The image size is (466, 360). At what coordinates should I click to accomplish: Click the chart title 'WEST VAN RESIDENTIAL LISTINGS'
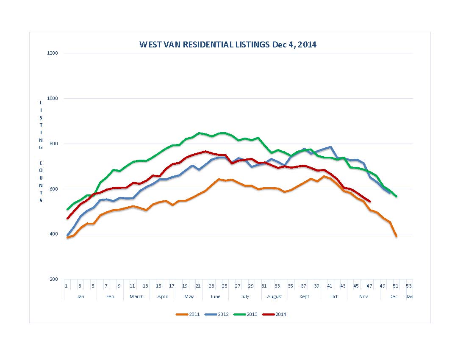pyautogui.click(x=227, y=44)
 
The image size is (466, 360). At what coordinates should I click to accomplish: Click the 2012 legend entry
pyautogui.click(x=216, y=314)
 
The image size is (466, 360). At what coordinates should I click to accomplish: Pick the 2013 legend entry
pyautogui.click(x=246, y=314)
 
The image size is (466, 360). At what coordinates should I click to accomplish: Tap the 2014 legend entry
pyautogui.click(x=275, y=314)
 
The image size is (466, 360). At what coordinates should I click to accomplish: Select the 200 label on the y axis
pyautogui.click(x=54, y=279)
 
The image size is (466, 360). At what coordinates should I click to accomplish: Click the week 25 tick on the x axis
pyautogui.click(x=225, y=286)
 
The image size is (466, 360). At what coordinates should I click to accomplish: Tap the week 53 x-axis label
pyautogui.click(x=409, y=286)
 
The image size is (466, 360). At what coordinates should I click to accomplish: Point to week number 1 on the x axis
pyautogui.click(x=66, y=286)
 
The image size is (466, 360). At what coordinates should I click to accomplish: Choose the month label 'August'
pyautogui.click(x=275, y=296)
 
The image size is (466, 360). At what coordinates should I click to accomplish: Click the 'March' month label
pyautogui.click(x=136, y=296)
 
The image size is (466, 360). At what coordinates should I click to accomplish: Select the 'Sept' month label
pyautogui.click(x=304, y=296)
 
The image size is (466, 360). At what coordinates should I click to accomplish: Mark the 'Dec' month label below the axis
pyautogui.click(x=394, y=296)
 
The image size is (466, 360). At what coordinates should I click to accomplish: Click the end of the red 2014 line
pyautogui.click(x=370, y=201)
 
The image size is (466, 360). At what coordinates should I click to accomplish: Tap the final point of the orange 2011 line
pyautogui.click(x=396, y=236)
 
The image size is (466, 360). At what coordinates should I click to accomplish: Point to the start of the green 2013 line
pyautogui.click(x=67, y=209)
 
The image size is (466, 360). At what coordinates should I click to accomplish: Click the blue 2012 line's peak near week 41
pyautogui.click(x=330, y=147)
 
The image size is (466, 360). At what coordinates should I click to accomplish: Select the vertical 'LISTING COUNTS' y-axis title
pyautogui.click(x=41, y=151)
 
